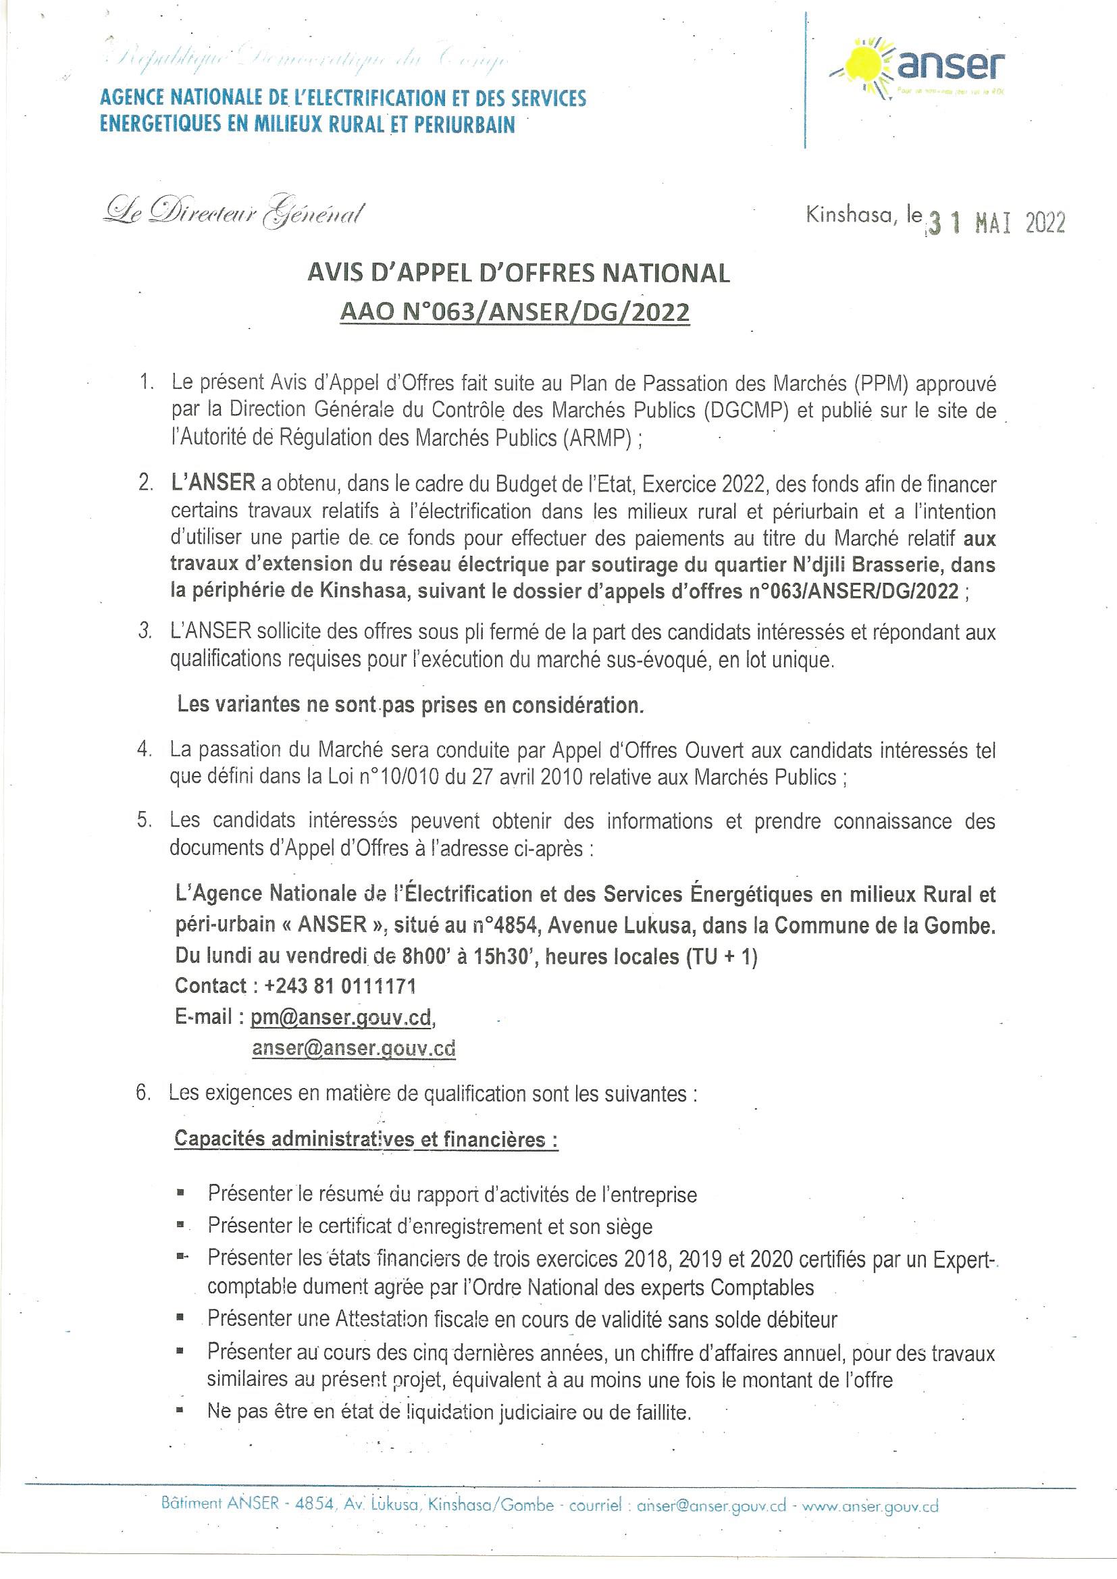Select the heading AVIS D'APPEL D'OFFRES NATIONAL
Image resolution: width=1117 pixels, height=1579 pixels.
pos(517,274)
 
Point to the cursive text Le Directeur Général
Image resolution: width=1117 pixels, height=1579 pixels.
pos(232,215)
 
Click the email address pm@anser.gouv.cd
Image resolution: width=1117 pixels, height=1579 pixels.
pos(340,1018)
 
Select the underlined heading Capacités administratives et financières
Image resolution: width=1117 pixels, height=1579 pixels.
pos(365,1139)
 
